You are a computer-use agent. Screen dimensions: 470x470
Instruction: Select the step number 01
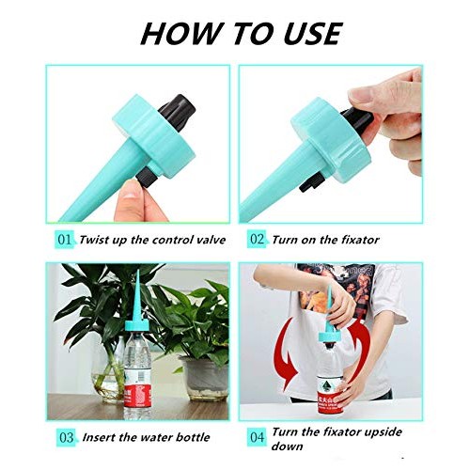click(x=64, y=240)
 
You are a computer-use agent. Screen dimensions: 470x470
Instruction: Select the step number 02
click(x=258, y=240)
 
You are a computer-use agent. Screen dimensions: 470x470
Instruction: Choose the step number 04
click(x=258, y=437)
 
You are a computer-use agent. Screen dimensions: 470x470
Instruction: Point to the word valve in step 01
click(x=210, y=240)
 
